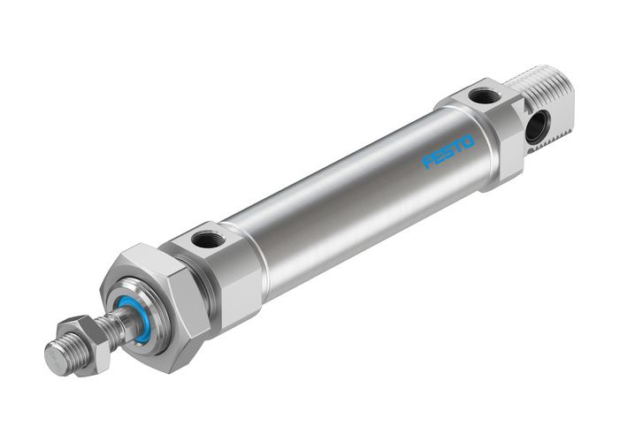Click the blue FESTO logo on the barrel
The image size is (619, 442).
point(449,151)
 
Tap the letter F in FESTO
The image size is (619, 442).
point(428,163)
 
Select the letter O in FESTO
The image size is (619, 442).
point(469,140)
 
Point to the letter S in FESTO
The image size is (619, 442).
point(449,151)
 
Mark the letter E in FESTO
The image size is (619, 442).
point(439,157)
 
